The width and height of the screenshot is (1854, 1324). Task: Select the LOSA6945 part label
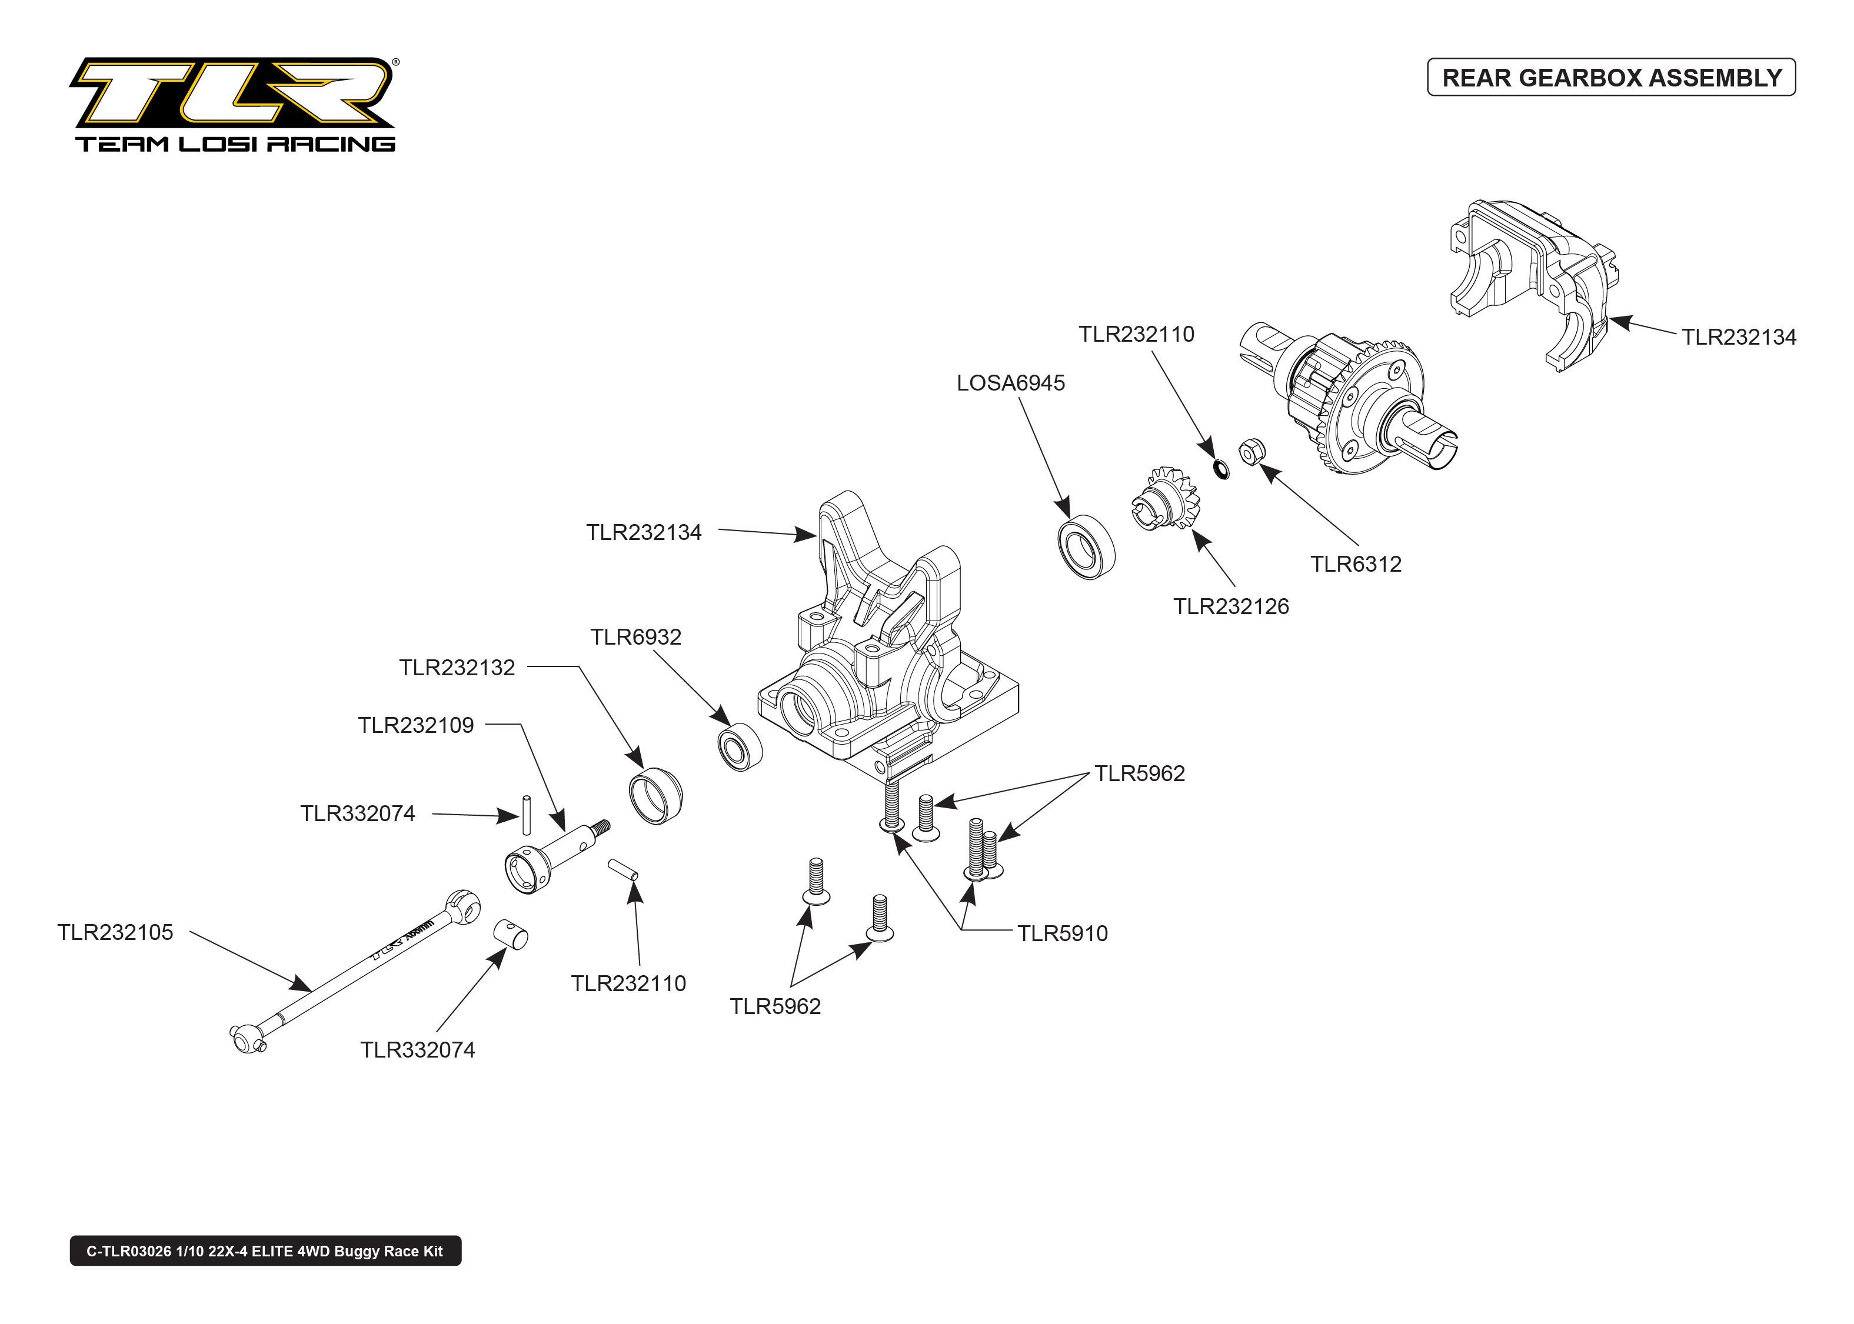(x=1010, y=383)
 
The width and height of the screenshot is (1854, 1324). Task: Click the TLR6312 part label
(x=1355, y=564)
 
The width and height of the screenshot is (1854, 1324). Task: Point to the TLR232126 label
(x=1230, y=606)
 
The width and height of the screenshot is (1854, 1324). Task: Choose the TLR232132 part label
(x=457, y=668)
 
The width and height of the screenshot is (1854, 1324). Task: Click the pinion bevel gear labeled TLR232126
(x=1165, y=498)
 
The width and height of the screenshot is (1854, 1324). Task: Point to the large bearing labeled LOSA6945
(x=1086, y=546)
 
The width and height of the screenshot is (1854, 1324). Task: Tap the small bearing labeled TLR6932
(x=740, y=746)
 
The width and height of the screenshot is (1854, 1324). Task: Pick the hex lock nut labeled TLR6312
(x=1251, y=451)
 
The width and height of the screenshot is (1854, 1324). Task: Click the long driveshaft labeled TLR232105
(x=351, y=970)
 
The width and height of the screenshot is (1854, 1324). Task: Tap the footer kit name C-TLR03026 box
(x=265, y=1250)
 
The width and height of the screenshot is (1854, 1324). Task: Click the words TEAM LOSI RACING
(x=235, y=144)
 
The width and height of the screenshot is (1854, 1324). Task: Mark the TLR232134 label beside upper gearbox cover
(x=1738, y=338)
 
